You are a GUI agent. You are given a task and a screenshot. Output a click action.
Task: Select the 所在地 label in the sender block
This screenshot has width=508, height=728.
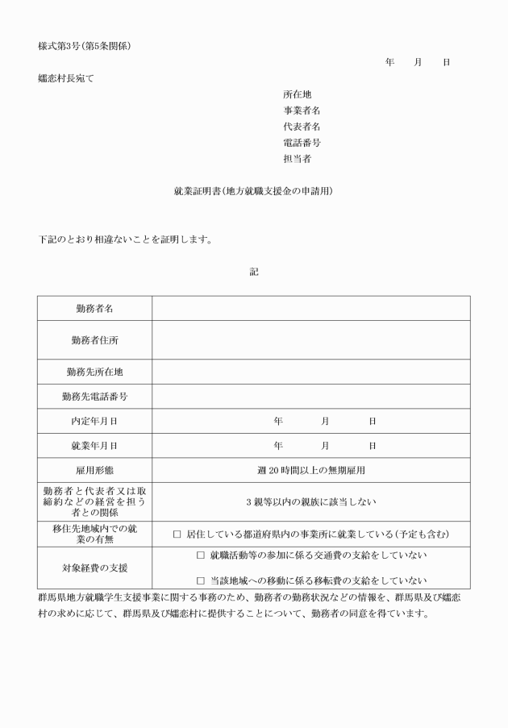[x=298, y=94]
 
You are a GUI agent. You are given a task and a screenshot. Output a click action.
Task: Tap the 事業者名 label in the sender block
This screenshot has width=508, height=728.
[x=302, y=110]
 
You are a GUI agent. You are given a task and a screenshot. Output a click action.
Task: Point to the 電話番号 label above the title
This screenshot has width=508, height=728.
[x=302, y=143]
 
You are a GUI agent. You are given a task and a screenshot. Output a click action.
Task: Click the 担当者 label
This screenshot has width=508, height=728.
[x=298, y=159]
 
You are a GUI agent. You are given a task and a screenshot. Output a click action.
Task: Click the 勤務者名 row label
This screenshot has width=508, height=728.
[x=94, y=309]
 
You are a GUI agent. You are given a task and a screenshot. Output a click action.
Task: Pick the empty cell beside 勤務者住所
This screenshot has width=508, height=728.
[x=310, y=340]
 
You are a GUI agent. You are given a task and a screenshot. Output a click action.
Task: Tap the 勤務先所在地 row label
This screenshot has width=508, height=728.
[x=94, y=372]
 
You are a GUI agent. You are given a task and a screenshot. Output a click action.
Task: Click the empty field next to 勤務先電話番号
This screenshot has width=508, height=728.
[x=310, y=397]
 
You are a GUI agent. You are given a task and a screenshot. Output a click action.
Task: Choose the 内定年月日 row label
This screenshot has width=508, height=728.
[x=94, y=421]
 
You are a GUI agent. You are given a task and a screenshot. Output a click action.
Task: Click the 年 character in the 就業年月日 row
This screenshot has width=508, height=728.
[x=278, y=445]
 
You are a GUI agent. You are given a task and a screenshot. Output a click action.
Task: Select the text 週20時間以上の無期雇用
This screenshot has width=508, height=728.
[x=310, y=470]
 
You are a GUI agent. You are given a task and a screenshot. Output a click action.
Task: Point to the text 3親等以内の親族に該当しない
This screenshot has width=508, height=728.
[x=310, y=501]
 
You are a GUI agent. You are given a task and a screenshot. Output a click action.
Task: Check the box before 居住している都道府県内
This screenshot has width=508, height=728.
[x=177, y=534]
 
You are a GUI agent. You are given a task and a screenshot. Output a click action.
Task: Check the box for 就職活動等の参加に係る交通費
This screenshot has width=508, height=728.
[x=201, y=555]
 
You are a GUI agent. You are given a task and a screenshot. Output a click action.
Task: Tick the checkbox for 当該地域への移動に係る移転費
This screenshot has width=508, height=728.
[x=201, y=580]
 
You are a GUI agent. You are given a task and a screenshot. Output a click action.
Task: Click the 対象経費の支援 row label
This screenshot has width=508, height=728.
[x=94, y=568]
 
